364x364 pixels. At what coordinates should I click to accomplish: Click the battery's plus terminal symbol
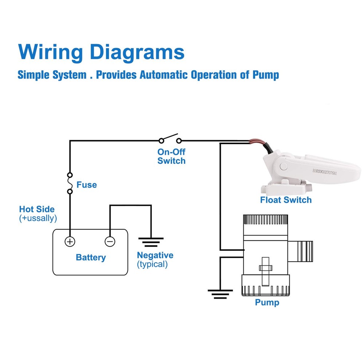(x=70, y=241)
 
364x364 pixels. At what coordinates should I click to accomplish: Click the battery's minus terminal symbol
(x=110, y=241)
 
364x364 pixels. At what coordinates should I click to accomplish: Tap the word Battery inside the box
(x=91, y=257)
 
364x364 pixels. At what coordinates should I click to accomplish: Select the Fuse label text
(x=87, y=185)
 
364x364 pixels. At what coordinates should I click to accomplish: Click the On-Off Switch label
(x=171, y=156)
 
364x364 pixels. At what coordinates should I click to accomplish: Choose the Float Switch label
(x=286, y=200)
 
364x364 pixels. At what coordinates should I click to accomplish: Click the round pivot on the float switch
(x=284, y=167)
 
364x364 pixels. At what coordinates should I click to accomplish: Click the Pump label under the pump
(x=267, y=302)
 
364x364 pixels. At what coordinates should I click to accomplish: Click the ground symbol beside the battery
(x=151, y=241)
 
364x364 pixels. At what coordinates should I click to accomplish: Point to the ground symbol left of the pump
(x=220, y=294)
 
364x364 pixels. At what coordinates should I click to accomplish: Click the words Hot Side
(x=37, y=209)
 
